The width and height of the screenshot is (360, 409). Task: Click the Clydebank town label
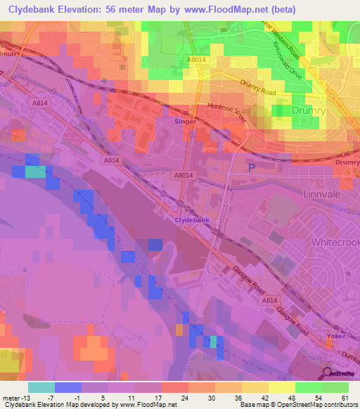tap(192, 220)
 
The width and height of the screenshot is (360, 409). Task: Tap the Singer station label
tap(185, 122)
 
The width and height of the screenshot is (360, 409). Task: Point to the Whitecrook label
tap(334, 242)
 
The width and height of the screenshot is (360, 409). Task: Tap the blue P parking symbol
tap(252, 167)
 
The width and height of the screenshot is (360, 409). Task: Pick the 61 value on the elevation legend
tap(344, 398)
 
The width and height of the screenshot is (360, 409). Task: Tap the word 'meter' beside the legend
tap(11, 398)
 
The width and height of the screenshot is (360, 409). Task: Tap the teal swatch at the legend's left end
tap(41, 387)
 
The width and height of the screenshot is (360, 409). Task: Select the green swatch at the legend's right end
tap(335, 387)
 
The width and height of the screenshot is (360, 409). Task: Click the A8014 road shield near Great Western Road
tap(197, 60)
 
